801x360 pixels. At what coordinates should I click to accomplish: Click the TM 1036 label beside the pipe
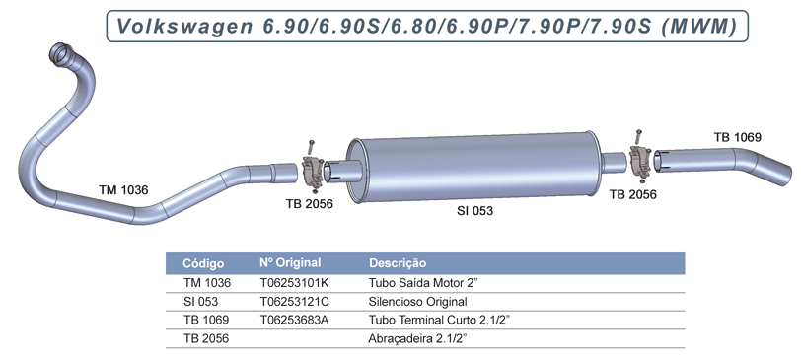click(123, 189)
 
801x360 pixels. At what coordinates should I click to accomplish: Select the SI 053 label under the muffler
click(474, 211)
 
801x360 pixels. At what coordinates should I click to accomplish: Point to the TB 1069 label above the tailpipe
click(738, 137)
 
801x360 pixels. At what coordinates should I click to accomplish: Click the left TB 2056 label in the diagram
click(309, 204)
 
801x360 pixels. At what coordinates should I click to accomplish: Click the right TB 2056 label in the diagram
click(633, 195)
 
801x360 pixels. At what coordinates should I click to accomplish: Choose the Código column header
click(204, 263)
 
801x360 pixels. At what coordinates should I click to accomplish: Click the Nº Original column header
click(292, 263)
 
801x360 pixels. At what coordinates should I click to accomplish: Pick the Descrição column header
click(398, 263)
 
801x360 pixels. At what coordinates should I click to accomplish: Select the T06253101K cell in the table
click(294, 282)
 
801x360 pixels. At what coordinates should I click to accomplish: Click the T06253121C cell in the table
click(294, 301)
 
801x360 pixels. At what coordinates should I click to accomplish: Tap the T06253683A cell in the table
click(294, 320)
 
